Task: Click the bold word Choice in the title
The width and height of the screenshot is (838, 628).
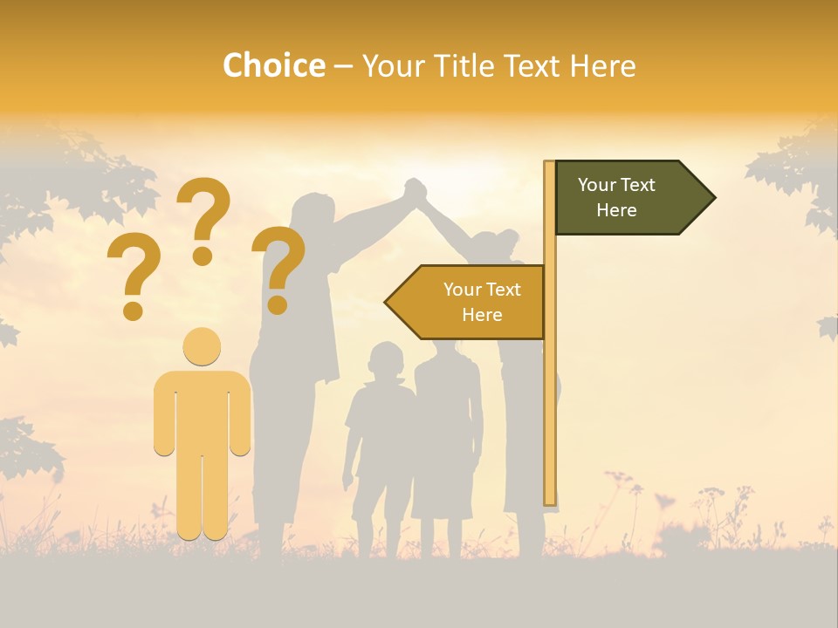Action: pos(273,65)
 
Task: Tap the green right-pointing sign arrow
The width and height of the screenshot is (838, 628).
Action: pos(628,198)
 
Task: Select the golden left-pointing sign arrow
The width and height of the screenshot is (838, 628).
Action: pos(467,302)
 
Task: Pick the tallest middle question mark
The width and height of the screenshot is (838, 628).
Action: pos(203,218)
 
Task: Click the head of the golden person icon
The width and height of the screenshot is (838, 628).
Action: pos(202,347)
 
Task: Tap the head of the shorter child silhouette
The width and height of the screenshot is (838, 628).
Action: pos(385,359)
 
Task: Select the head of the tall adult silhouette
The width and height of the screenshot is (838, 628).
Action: pos(313,216)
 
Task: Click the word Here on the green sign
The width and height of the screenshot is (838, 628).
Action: pos(616,210)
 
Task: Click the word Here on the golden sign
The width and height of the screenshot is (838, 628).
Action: pos(482,315)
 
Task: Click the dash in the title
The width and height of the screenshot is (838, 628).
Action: pos(343,66)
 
